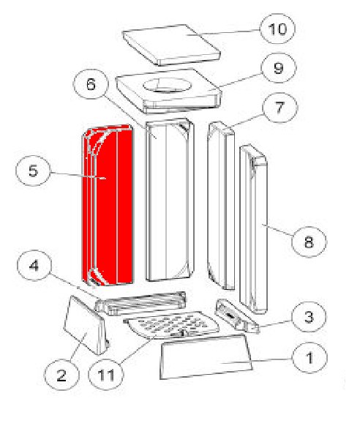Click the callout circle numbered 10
click(x=277, y=29)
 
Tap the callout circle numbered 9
click(x=278, y=68)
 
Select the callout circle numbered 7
click(x=280, y=108)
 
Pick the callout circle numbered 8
click(x=309, y=242)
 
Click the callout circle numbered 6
click(x=91, y=84)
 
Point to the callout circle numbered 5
click(x=33, y=171)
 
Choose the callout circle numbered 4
click(x=34, y=265)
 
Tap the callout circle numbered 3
click(x=309, y=317)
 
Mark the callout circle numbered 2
click(x=61, y=375)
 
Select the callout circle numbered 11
click(x=106, y=374)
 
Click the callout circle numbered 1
click(x=310, y=358)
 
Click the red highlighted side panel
click(x=108, y=206)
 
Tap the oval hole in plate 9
click(x=168, y=85)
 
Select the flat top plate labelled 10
click(x=171, y=45)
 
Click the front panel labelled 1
click(x=206, y=356)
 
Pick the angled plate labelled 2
click(x=87, y=326)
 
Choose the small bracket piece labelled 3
click(x=237, y=316)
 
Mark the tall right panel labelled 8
click(x=254, y=229)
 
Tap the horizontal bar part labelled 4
click(x=141, y=303)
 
